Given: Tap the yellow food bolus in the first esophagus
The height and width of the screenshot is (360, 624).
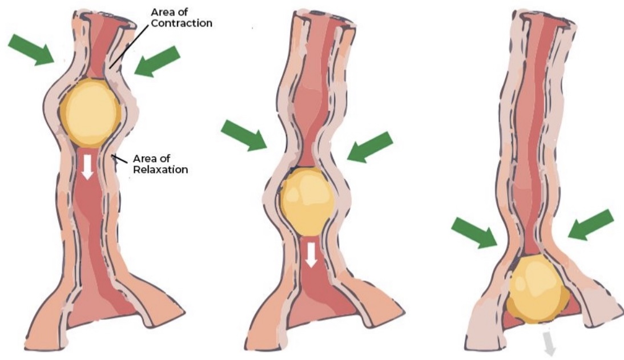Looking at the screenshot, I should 90,112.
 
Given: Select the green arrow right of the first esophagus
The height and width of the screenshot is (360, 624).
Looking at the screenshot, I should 158,62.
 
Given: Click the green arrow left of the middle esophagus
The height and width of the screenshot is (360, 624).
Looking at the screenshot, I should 244,136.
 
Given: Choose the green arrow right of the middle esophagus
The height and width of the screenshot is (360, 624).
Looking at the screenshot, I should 370,147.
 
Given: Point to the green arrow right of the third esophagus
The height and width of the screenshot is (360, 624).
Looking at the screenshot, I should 591,224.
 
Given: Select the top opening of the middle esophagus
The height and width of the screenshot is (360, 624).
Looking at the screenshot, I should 324,19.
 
